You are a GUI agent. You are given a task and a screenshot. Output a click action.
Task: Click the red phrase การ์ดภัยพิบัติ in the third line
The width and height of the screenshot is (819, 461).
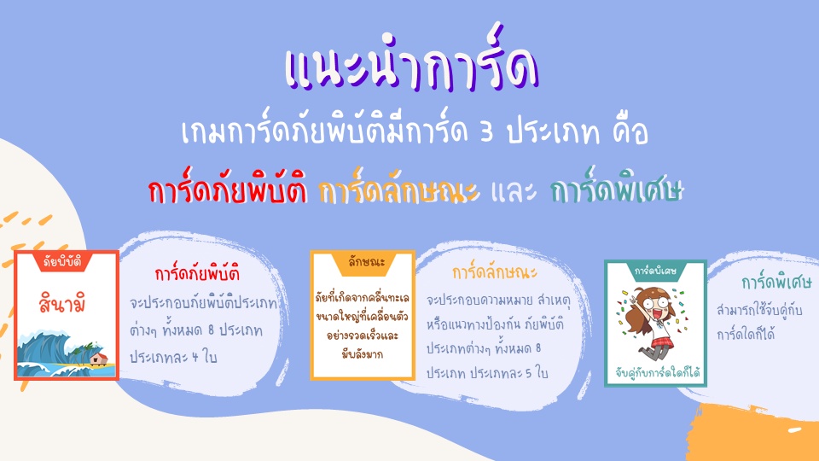tap(227, 188)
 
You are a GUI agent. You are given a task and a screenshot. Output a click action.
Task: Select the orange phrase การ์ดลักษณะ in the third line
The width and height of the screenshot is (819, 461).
tap(398, 188)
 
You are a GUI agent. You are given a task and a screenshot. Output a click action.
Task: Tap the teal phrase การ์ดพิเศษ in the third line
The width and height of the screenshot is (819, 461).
tap(617, 188)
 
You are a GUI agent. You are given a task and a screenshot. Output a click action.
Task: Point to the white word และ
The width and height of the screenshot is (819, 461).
tap(514, 191)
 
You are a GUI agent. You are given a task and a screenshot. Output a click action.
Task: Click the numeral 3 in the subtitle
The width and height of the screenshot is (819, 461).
tap(487, 131)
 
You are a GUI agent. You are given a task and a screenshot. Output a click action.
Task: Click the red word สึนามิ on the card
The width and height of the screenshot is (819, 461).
tap(62, 303)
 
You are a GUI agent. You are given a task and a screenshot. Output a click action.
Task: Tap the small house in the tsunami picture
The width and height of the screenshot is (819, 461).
tap(99, 358)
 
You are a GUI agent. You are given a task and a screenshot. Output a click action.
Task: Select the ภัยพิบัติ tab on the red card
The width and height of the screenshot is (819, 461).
tap(62, 261)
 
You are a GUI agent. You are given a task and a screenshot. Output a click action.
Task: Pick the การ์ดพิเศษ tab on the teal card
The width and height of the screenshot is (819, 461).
tap(655, 271)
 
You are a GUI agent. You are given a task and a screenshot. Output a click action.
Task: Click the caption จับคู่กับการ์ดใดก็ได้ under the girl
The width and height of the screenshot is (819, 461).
tap(657, 373)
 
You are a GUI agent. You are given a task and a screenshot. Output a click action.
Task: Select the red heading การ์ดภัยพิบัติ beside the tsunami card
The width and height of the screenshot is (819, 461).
tap(197, 273)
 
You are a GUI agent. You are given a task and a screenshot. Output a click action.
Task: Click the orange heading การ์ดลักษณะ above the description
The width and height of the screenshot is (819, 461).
tap(495, 271)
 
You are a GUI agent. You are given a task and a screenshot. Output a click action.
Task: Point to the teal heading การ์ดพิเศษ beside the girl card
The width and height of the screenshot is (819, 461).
tap(776, 282)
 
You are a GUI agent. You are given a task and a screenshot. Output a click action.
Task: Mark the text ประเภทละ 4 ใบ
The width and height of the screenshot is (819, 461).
tap(173, 357)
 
